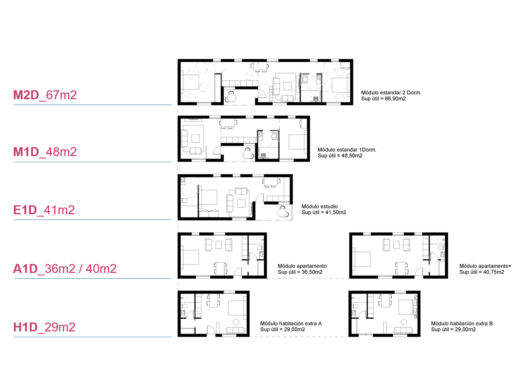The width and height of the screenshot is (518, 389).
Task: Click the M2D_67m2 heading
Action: tap(45, 95)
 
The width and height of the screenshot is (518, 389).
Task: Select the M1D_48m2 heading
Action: tap(45, 152)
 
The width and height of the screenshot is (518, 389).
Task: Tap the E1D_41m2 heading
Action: tap(44, 210)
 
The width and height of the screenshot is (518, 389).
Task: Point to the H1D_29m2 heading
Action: tap(44, 327)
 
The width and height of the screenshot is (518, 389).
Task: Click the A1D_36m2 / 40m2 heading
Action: tap(65, 268)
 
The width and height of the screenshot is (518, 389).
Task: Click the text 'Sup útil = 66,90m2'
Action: tap(383, 99)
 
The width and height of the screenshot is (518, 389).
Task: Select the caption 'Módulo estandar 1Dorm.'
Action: tap(347, 149)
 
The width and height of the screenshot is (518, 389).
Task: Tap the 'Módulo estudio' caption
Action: tap(320, 206)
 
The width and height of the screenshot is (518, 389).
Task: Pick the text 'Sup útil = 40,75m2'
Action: tap(482, 272)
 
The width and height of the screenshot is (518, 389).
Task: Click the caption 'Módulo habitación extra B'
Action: tap(462, 324)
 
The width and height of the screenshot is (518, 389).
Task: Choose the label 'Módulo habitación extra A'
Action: tap(291, 324)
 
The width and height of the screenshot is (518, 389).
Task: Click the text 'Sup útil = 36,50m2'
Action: tap(300, 272)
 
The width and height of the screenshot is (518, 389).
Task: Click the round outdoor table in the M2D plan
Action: tap(232, 97)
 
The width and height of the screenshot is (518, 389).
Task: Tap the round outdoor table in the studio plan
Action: tap(282, 212)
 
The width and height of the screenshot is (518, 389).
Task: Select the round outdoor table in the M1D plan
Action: tap(247, 155)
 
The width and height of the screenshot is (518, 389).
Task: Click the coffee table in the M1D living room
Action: tap(196, 138)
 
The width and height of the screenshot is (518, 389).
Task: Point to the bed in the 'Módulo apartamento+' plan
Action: tap(361, 259)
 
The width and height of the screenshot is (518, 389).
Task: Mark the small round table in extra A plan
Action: tap(236, 322)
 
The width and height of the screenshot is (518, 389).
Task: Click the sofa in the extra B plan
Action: tap(403, 330)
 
